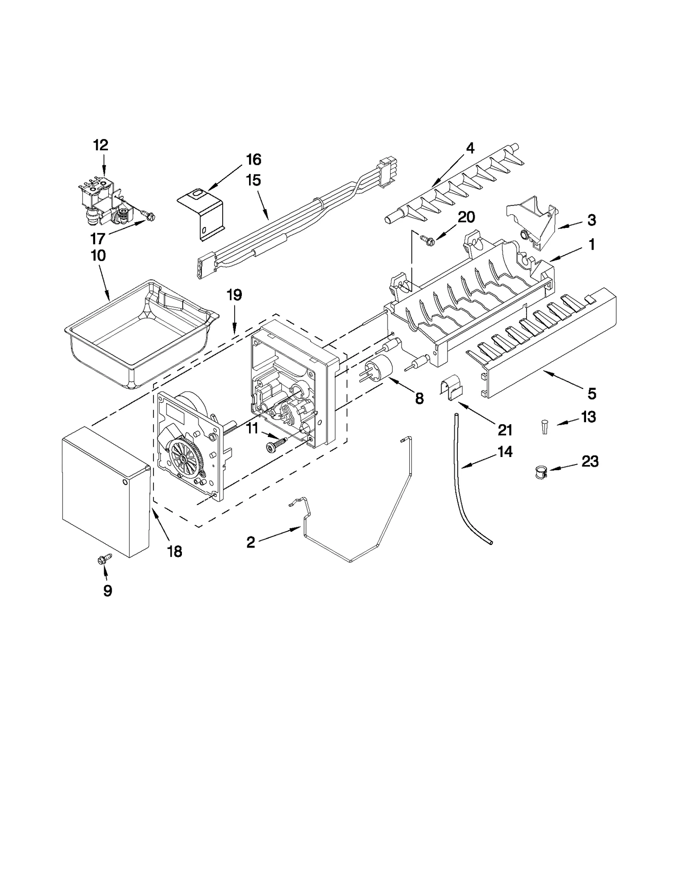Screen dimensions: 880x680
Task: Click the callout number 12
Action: coord(101,145)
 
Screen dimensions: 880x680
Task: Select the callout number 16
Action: coord(253,160)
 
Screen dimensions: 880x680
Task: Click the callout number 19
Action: coord(234,295)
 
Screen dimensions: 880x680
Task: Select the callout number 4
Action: coord(470,148)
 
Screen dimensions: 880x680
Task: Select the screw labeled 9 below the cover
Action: coord(105,559)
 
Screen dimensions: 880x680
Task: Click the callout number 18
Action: coord(175,551)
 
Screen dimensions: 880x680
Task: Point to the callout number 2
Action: coord(251,542)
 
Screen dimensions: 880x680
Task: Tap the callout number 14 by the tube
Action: coord(505,452)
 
